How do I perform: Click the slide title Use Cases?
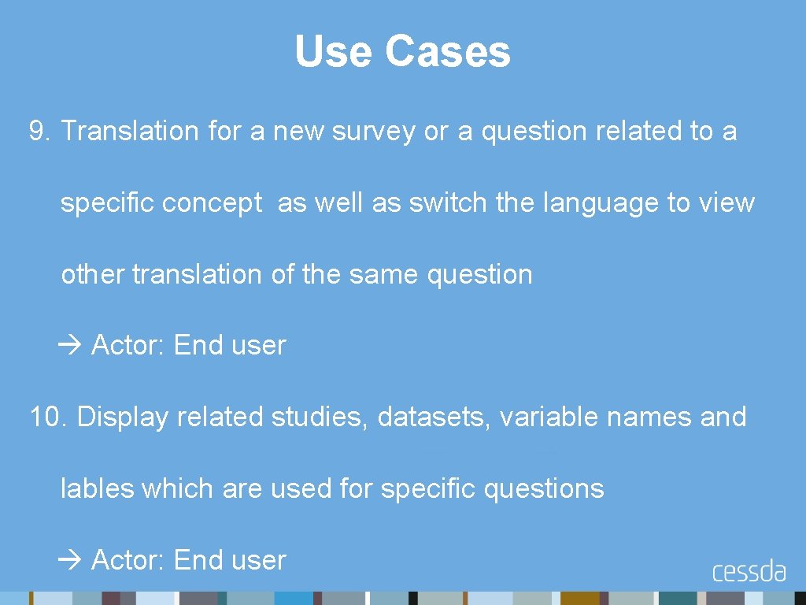point(402,52)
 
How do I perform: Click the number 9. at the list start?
point(40,132)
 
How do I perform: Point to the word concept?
point(212,203)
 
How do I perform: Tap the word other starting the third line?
point(93,275)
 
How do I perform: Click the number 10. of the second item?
point(49,417)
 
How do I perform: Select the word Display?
point(123,417)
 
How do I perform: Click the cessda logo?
point(749,571)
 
